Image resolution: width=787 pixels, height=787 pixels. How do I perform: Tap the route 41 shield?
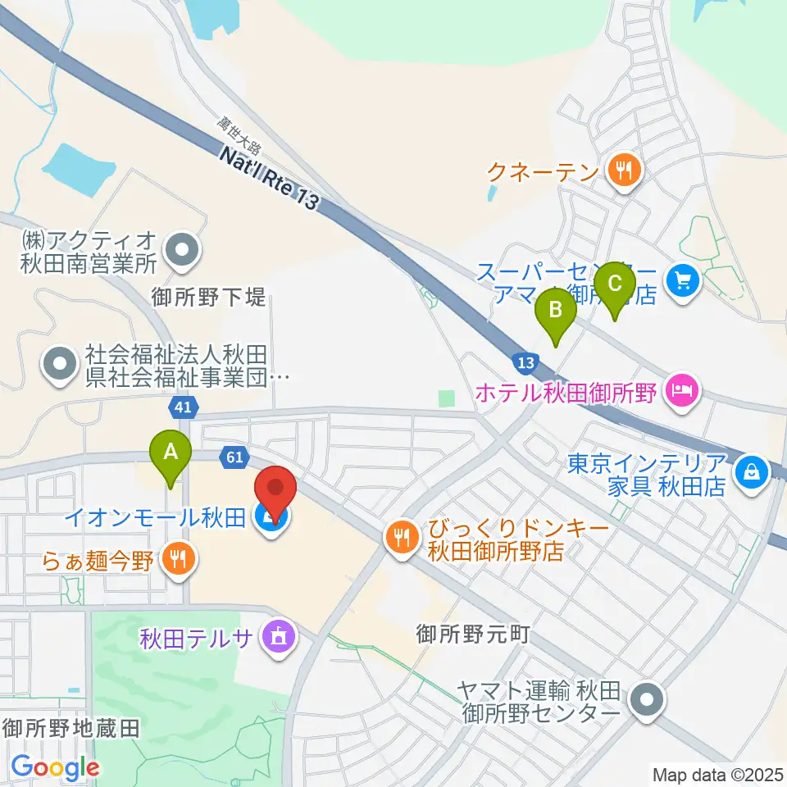click(x=184, y=406)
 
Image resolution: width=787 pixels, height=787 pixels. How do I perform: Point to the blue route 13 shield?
click(x=525, y=362)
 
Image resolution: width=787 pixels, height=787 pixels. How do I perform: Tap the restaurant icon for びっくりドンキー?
click(x=402, y=539)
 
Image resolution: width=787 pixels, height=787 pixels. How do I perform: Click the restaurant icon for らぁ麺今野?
click(x=177, y=559)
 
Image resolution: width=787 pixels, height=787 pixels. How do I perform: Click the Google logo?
click(x=55, y=767)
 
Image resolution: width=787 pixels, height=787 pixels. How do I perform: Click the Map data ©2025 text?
click(x=717, y=773)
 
